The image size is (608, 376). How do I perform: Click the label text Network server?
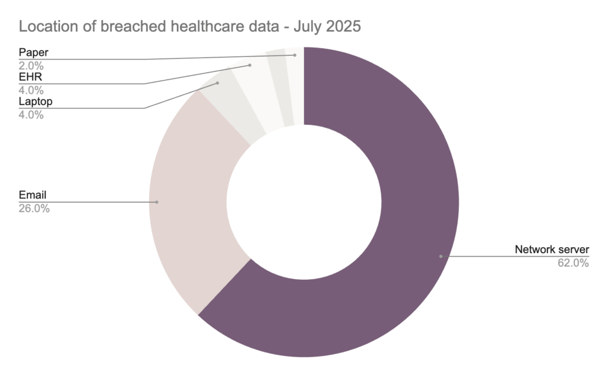(x=552, y=249)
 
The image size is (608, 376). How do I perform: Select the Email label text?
(x=33, y=195)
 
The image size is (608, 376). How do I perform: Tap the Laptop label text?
(x=36, y=102)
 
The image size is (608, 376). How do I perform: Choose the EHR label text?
(x=30, y=77)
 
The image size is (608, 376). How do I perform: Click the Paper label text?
(x=33, y=52)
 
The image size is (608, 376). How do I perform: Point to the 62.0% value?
(x=573, y=263)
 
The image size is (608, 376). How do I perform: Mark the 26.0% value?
(x=34, y=208)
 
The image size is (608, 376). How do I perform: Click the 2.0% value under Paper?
(x=31, y=66)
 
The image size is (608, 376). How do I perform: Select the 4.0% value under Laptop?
(x=31, y=115)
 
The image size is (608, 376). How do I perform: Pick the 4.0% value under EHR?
(x=31, y=90)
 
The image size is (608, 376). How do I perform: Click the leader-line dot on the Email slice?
(x=157, y=202)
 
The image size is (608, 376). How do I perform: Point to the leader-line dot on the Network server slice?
(x=441, y=256)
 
